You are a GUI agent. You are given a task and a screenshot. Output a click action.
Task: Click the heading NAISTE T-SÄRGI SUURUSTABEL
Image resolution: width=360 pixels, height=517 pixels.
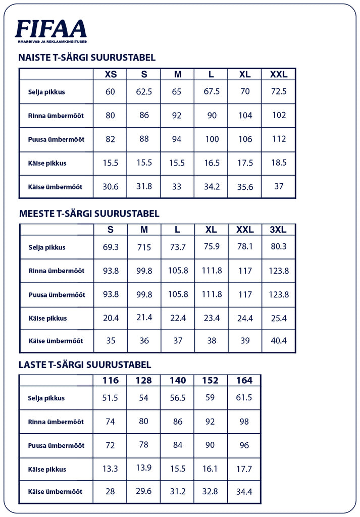pyautogui.click(x=87, y=58)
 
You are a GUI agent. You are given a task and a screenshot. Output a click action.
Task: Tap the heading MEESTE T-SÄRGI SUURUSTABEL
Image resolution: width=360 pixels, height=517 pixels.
pyautogui.click(x=89, y=214)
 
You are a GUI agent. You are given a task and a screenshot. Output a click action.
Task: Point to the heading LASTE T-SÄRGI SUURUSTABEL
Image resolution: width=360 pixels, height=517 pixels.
pyautogui.click(x=84, y=365)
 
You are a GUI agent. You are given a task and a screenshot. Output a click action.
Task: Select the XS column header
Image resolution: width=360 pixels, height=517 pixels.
pyautogui.click(x=111, y=74)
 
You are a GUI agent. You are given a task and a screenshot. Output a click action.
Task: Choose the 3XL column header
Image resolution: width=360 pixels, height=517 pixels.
pyautogui.click(x=278, y=230)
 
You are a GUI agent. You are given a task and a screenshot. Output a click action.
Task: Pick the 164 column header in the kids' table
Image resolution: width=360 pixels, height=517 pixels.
pyautogui.click(x=244, y=380)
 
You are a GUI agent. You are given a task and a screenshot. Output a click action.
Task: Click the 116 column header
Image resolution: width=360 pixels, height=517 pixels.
pyautogui.click(x=110, y=380)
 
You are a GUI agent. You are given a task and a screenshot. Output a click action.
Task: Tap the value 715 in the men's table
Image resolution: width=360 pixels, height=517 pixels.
pyautogui.click(x=144, y=247)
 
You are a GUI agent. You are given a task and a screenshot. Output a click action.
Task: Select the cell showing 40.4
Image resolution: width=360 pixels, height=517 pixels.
pyautogui.click(x=278, y=341)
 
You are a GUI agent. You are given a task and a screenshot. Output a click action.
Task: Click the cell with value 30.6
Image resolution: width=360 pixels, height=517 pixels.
pyautogui.click(x=110, y=187)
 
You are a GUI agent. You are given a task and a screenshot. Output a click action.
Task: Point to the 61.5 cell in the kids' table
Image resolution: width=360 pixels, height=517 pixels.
pyautogui.click(x=244, y=398)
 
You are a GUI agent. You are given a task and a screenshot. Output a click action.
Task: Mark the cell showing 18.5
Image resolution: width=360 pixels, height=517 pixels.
pyautogui.click(x=278, y=163)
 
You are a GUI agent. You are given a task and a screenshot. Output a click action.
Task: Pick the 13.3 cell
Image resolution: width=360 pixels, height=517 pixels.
pyautogui.click(x=110, y=469)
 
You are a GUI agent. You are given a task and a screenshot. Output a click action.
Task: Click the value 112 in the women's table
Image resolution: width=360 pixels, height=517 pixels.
pyautogui.click(x=279, y=139)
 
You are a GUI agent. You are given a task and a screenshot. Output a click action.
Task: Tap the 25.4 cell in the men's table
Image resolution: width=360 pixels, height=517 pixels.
pyautogui.click(x=278, y=318)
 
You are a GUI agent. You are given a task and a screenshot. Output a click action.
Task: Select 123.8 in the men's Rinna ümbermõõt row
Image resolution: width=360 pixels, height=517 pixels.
pyautogui.click(x=279, y=271)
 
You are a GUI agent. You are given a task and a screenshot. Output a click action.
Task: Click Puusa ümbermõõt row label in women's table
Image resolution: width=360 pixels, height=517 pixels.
pyautogui.click(x=56, y=139)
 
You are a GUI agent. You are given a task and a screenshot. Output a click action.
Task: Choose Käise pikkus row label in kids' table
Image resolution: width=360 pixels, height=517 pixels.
pyautogui.click(x=47, y=470)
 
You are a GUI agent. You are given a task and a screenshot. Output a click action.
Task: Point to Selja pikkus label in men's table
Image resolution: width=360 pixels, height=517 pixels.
pyautogui.click(x=47, y=247)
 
